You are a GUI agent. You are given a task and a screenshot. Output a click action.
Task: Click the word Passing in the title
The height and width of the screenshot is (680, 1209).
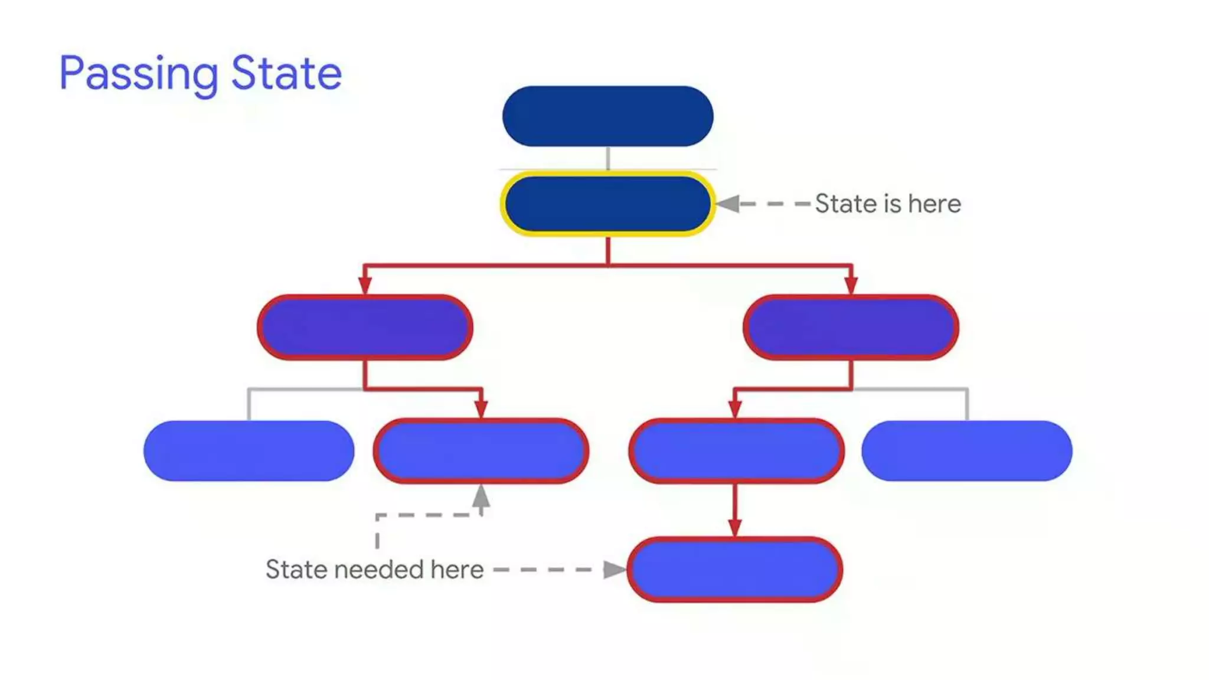coord(139,74)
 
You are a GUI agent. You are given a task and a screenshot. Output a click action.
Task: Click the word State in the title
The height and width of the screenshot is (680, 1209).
coord(286,73)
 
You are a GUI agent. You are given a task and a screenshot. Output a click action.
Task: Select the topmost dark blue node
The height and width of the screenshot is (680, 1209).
coord(607,116)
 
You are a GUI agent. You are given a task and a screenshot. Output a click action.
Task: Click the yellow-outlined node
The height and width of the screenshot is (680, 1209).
coord(607,204)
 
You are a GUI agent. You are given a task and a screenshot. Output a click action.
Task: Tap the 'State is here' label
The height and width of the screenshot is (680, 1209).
coord(887,204)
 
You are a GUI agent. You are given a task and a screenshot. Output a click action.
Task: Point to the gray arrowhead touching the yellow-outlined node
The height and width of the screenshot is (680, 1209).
coord(728,204)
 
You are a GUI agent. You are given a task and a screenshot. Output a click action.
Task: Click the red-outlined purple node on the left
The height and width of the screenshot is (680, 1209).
coord(365,328)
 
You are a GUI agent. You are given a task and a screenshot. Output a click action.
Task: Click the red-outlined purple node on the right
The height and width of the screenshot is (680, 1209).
coord(851,328)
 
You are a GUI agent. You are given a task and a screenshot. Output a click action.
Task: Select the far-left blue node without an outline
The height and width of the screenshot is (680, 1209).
coord(249,451)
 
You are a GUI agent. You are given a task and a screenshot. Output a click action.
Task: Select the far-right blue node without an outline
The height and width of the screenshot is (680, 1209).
coord(966,451)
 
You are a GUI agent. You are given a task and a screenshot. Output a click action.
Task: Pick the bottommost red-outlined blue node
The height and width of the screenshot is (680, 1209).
coord(734,570)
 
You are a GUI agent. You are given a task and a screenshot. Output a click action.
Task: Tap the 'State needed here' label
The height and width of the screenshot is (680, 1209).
coord(374,570)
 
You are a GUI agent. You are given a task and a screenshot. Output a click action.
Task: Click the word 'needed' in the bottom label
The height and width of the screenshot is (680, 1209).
coord(378,570)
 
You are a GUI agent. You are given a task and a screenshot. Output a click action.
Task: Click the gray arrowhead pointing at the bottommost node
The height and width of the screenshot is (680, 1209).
coord(614,570)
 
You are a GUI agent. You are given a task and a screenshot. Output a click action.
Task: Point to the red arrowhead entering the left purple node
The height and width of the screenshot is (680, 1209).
coord(365,284)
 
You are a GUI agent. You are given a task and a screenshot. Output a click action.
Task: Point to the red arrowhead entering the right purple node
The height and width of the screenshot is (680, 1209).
coord(851,284)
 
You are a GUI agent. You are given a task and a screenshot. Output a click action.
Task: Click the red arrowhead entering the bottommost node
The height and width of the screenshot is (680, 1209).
coord(734,527)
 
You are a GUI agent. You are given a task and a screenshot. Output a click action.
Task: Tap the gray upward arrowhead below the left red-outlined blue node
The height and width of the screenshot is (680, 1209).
coord(481,496)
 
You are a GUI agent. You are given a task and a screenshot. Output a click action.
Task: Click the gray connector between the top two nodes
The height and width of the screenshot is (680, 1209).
coord(607,158)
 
